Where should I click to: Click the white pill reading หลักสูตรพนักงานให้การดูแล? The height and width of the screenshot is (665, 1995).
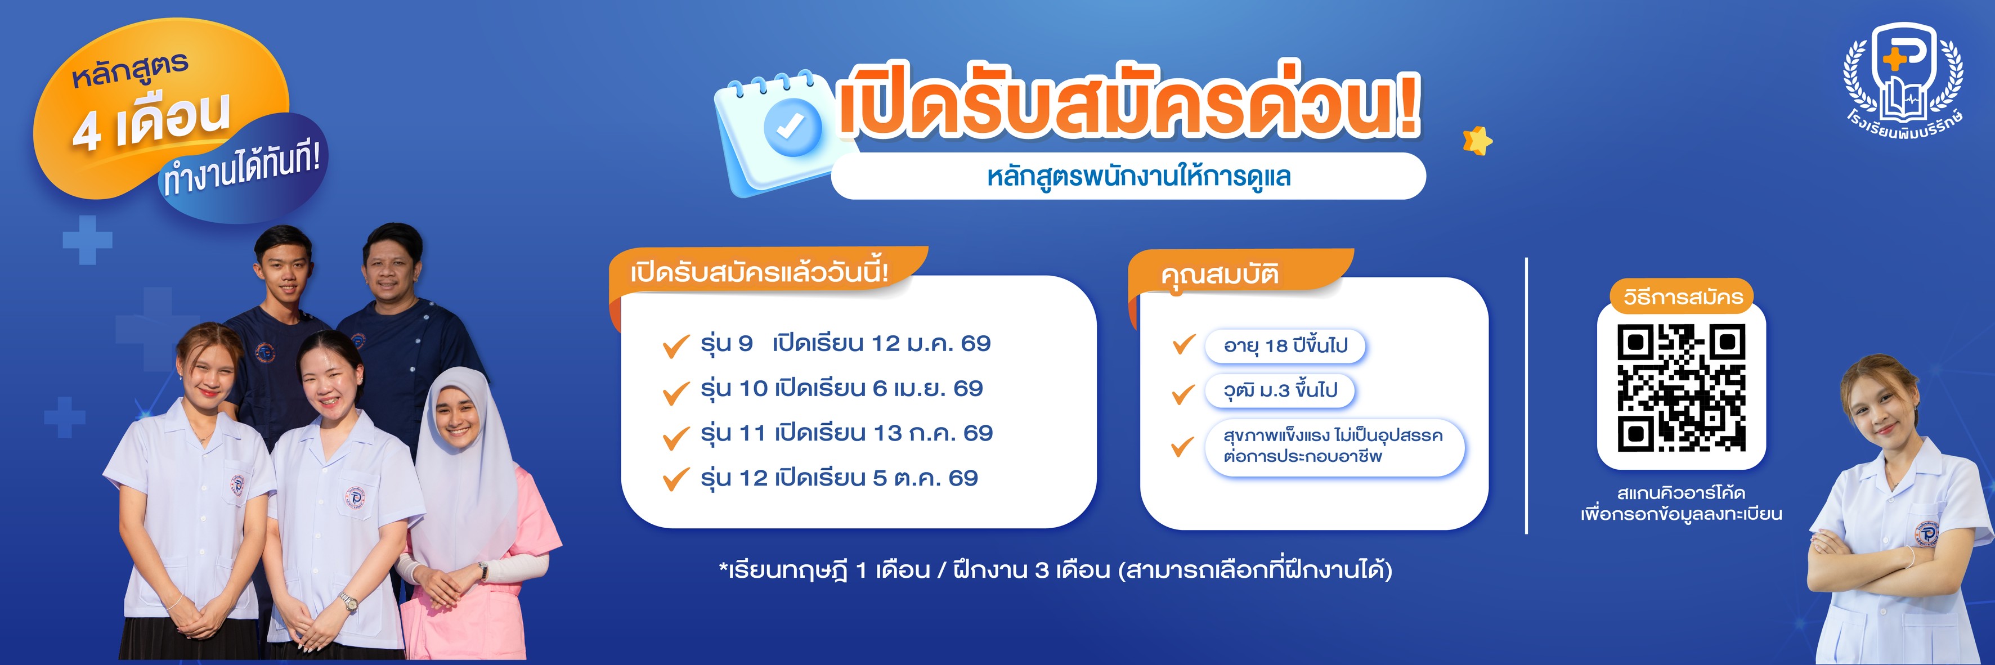1128,177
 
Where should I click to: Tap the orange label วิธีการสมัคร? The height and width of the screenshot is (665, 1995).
1683,296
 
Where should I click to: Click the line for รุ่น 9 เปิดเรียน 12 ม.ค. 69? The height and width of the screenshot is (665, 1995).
845,343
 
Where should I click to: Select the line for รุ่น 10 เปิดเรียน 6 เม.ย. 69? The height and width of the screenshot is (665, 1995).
841,388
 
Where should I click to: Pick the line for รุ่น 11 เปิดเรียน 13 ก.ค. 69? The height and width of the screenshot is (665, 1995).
846,433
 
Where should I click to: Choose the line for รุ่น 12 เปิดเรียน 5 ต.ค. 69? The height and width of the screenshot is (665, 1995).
839,478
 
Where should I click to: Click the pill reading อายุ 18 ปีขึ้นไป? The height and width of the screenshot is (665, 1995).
1285,345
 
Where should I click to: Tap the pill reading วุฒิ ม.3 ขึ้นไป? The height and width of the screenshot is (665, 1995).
1279,390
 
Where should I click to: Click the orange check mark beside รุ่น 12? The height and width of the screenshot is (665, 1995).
675,479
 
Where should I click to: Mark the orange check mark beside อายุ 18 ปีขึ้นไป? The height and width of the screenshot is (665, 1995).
1183,344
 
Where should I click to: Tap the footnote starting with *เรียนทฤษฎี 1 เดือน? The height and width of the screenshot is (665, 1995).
1055,570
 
